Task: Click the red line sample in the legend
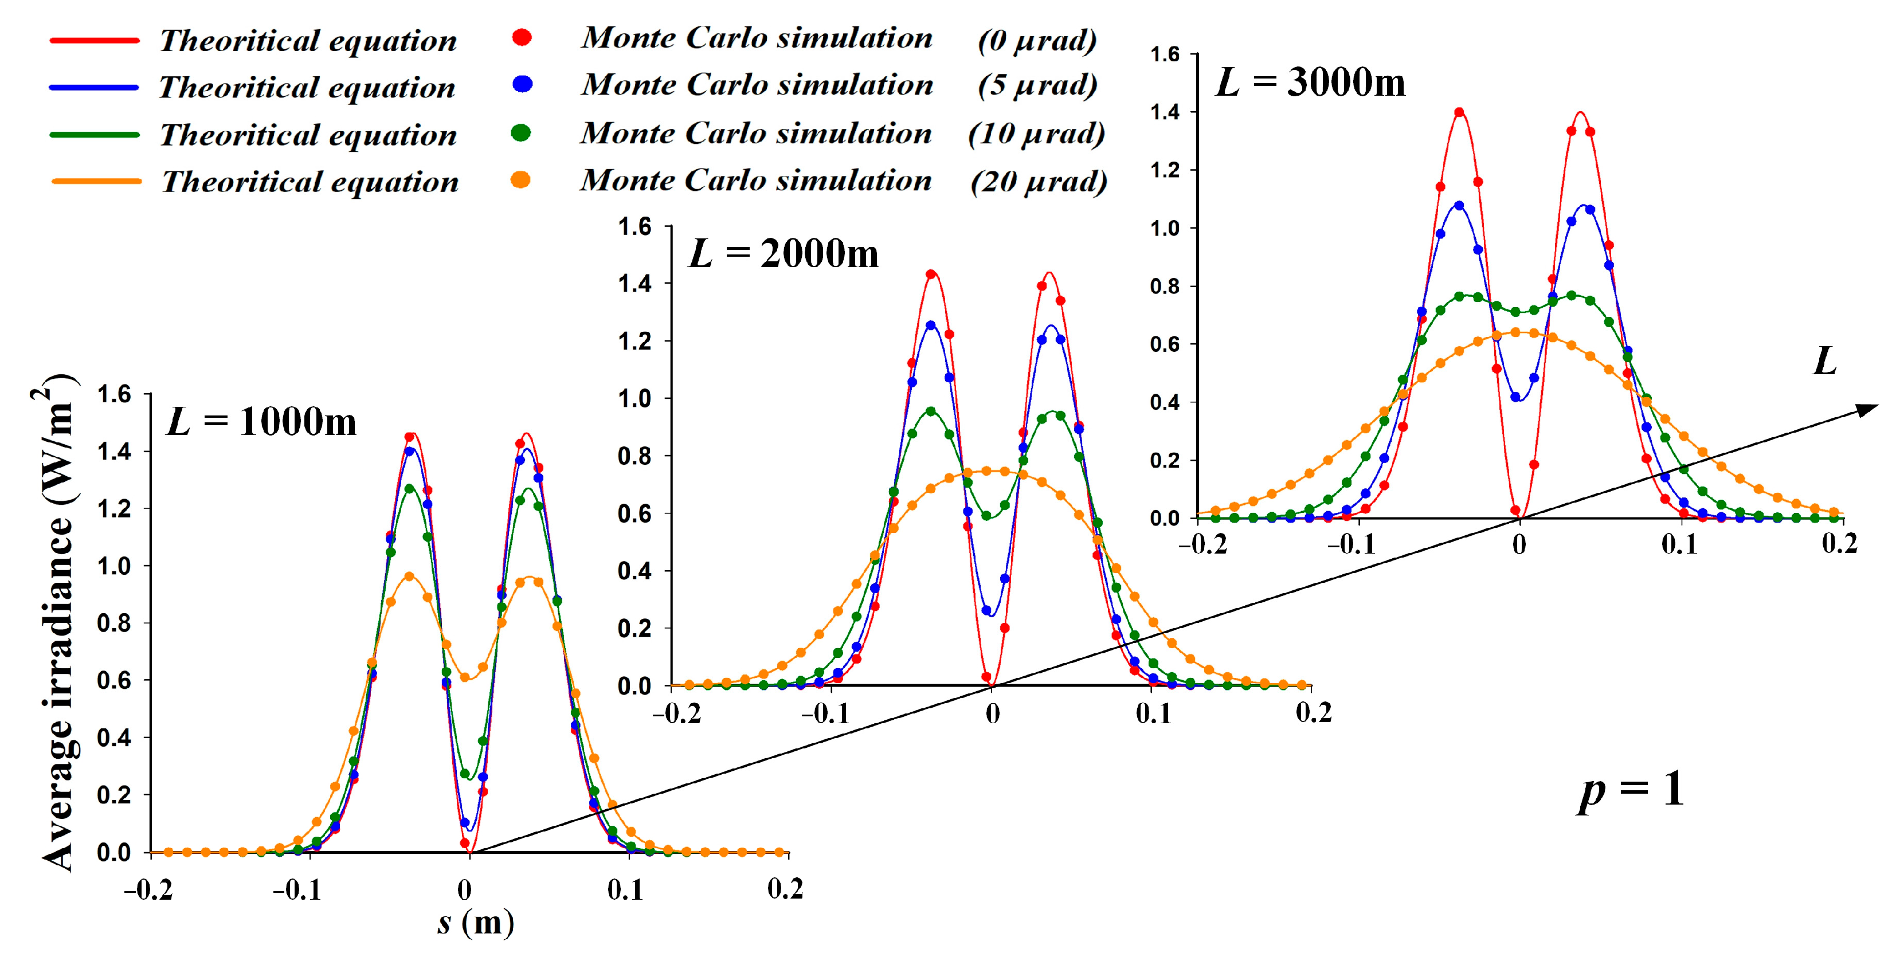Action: (94, 41)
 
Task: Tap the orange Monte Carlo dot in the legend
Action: (520, 179)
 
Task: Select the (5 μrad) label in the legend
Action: (1037, 85)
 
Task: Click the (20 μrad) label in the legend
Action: (1039, 181)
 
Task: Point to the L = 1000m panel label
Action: (261, 422)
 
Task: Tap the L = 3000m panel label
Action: (1310, 82)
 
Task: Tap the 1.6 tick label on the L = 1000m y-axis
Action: (113, 394)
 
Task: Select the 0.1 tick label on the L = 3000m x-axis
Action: (1679, 544)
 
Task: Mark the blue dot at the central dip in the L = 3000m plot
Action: (1515, 397)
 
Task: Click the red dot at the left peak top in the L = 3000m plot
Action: (1459, 112)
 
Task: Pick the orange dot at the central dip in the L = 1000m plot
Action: (464, 677)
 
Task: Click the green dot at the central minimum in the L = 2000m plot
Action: (986, 516)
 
